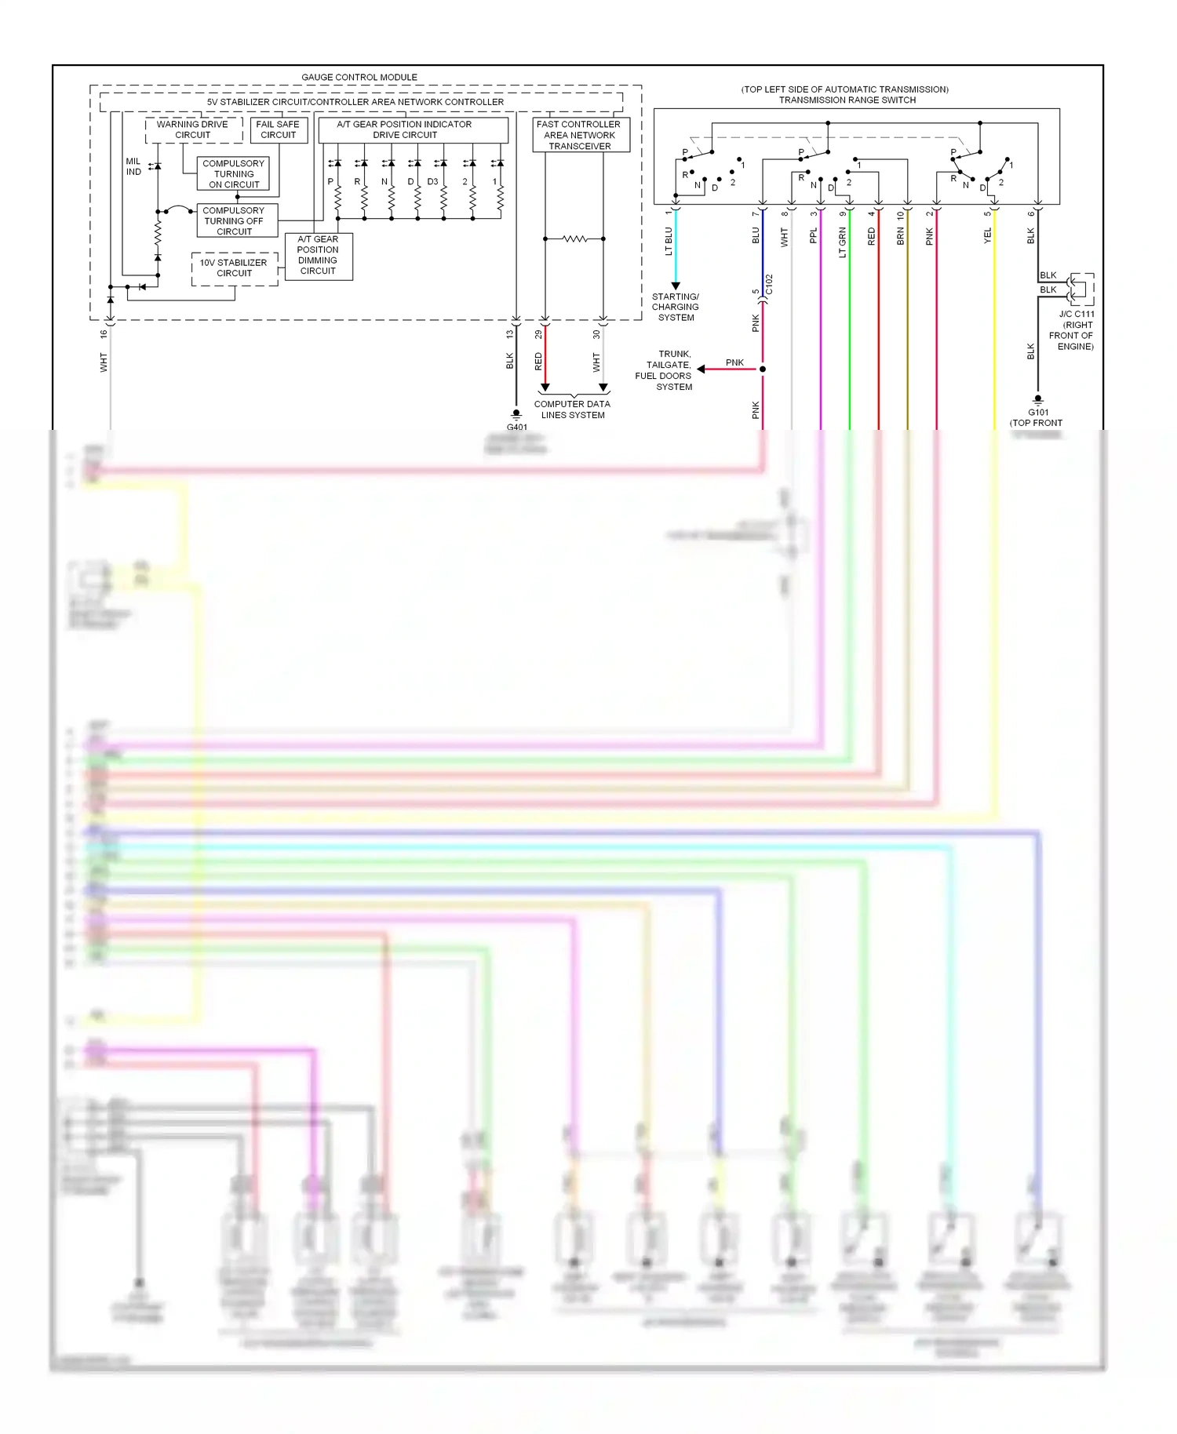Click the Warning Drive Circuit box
[x=193, y=130]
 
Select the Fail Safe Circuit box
[x=278, y=130]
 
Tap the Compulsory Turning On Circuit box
[x=234, y=174]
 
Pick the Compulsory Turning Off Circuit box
[x=234, y=221]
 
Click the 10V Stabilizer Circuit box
[x=234, y=268]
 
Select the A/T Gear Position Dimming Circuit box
[x=318, y=256]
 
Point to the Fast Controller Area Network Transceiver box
[x=579, y=135]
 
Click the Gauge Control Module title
[x=359, y=77]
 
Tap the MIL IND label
[x=133, y=166]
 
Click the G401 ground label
[x=517, y=427]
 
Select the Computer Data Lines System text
[x=572, y=409]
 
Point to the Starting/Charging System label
[x=676, y=307]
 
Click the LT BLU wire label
[x=669, y=242]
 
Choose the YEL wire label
[x=988, y=235]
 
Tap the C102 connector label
[x=770, y=285]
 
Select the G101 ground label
[x=1038, y=412]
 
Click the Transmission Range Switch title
[x=847, y=100]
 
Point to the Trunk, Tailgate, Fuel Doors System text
[x=665, y=370]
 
